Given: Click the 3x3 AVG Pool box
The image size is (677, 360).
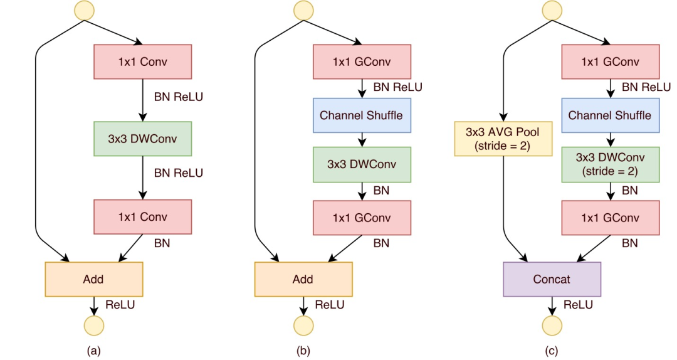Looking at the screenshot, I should [x=502, y=139].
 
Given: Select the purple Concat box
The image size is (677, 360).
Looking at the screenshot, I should [x=552, y=279].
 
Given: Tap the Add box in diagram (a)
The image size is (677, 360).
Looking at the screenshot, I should [x=94, y=279].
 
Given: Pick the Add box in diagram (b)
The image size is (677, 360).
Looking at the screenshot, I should [x=303, y=279].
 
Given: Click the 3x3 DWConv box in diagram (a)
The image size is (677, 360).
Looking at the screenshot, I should [x=142, y=139].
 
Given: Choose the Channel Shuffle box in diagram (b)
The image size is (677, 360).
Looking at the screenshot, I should [x=361, y=115].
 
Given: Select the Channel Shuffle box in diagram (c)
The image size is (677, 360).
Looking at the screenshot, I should [x=610, y=115].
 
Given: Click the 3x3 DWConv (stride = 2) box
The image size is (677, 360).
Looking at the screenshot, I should [x=610, y=164].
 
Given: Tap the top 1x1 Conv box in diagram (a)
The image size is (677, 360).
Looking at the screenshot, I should [x=142, y=61].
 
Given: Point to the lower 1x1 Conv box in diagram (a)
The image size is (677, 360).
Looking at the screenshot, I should [x=142, y=217].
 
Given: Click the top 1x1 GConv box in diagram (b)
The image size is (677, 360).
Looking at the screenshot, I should [x=361, y=61].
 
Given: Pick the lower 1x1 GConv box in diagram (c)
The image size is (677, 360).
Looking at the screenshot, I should [x=610, y=218].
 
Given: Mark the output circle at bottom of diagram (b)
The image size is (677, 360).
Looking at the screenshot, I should [x=303, y=326].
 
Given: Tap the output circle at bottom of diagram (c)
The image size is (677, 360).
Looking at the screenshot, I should [x=552, y=326].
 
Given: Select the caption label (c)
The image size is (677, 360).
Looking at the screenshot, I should [x=552, y=351].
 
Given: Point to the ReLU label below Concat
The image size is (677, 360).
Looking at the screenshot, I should [x=578, y=305].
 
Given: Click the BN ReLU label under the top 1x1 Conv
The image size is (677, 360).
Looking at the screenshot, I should [x=178, y=97].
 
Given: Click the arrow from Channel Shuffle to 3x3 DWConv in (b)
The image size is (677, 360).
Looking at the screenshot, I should [x=361, y=139].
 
